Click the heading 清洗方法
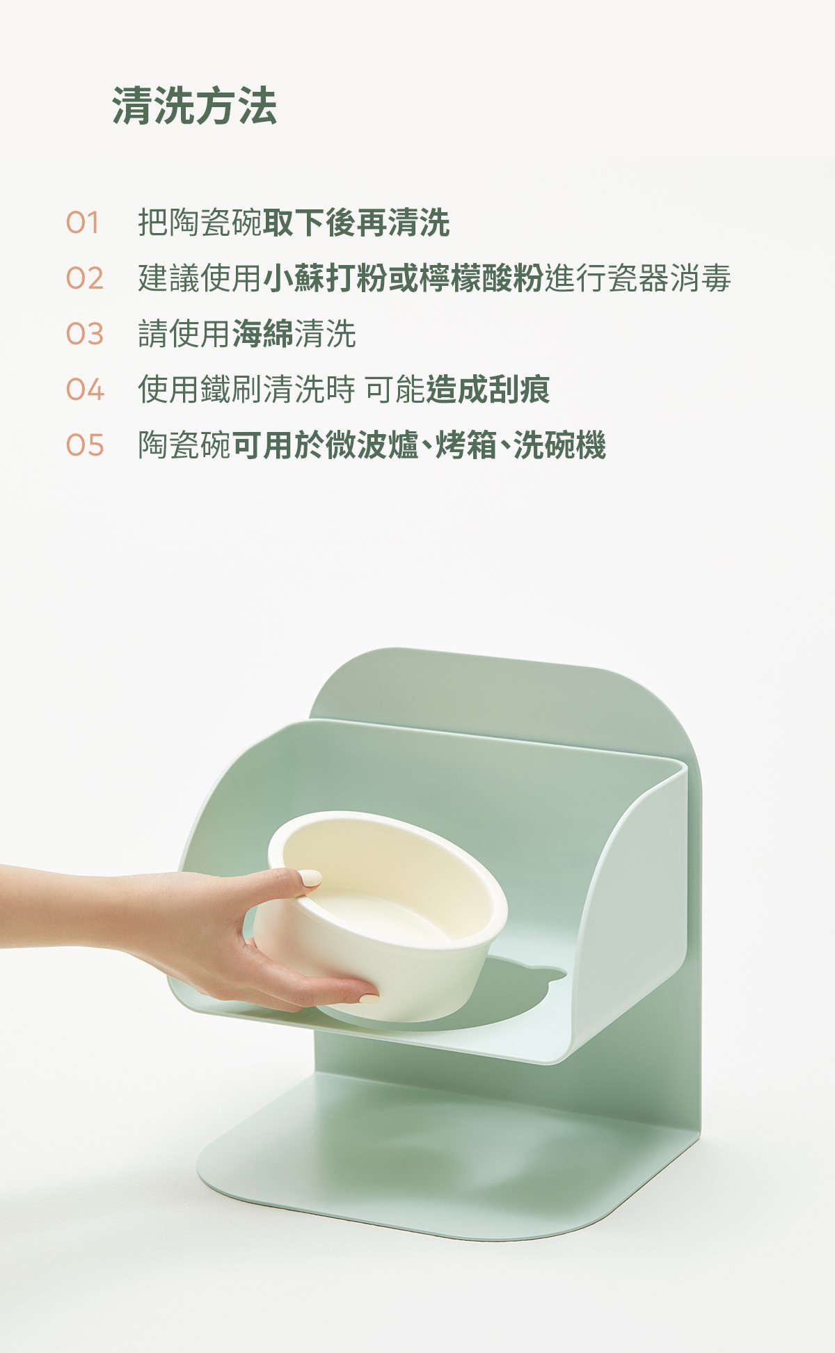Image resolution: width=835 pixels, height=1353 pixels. point(195,106)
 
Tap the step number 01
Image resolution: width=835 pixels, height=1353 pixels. point(83,223)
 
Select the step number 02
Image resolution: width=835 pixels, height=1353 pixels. point(85,279)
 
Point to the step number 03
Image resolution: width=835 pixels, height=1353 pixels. point(85,335)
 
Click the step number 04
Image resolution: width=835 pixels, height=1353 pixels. point(85,390)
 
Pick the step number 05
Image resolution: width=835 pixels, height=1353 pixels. point(85,445)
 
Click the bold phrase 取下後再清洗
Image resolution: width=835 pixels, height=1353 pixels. point(356,223)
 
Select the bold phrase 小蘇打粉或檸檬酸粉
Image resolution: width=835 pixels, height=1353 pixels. point(403,279)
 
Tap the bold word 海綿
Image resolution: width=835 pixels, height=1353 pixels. point(263,334)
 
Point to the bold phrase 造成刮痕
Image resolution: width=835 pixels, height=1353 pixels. point(488,390)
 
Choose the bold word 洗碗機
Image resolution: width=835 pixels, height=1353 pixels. point(559,445)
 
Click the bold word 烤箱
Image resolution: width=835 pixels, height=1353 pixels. point(466,445)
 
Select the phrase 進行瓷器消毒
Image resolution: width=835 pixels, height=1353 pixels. point(637,279)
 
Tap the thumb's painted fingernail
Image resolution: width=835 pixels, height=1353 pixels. point(310,879)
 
